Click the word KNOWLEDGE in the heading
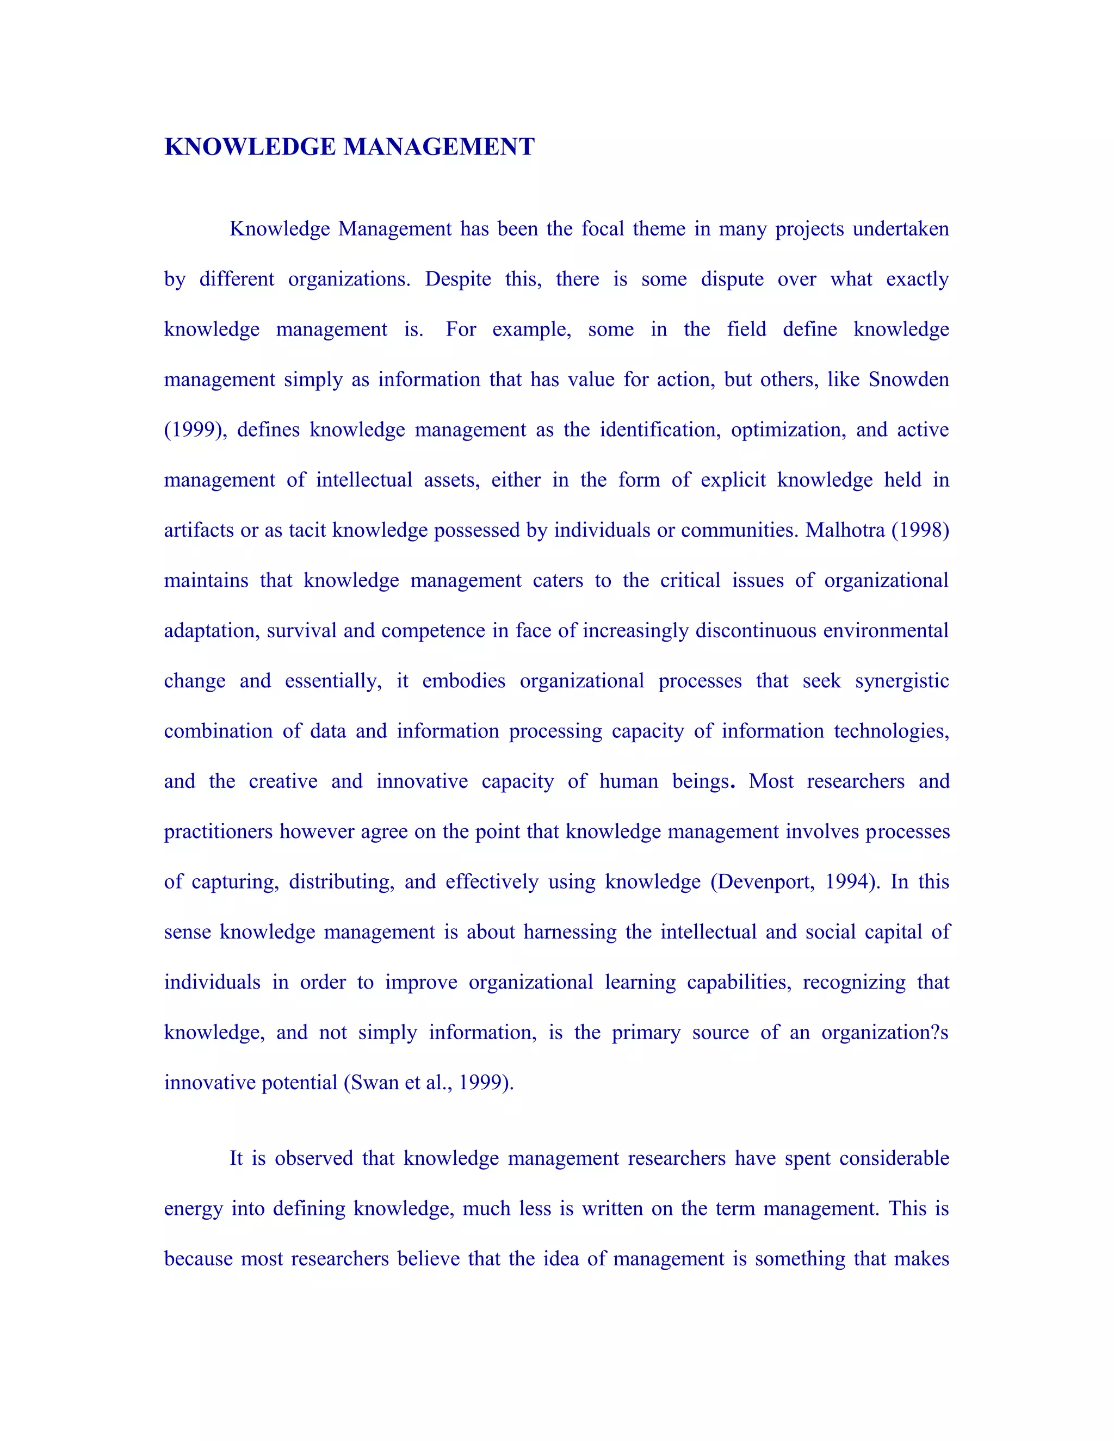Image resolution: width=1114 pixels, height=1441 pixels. click(250, 147)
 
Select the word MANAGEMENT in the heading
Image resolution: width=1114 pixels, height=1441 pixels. click(439, 147)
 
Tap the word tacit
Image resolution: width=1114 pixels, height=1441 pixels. click(307, 531)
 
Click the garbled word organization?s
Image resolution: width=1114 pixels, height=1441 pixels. click(884, 1033)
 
